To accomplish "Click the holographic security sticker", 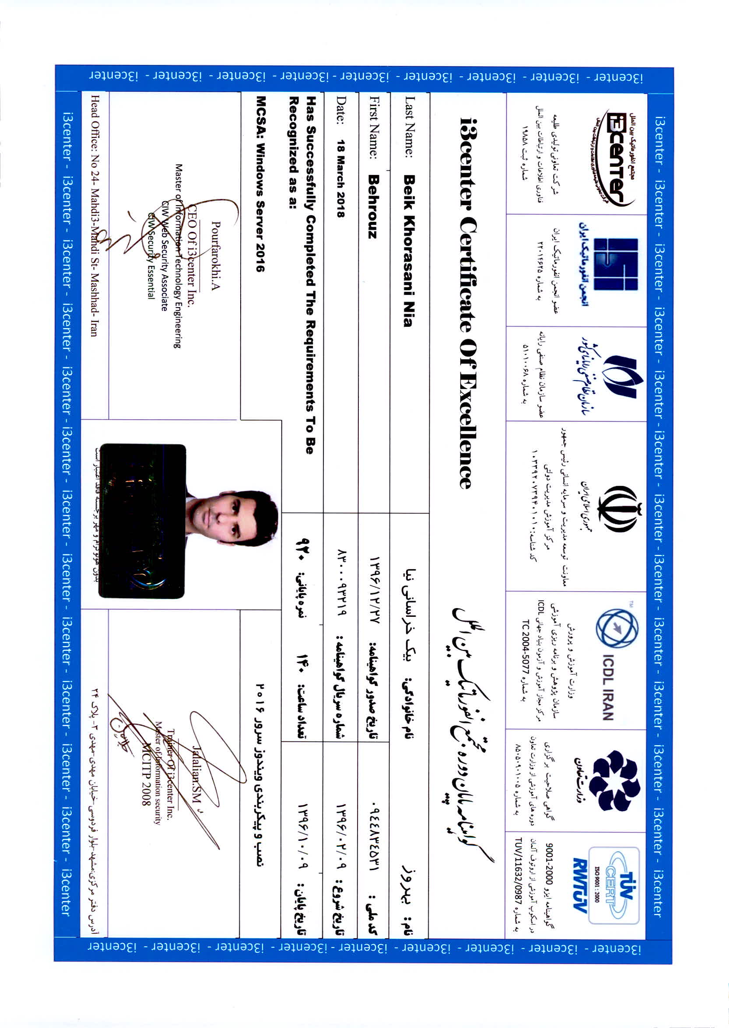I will pos(142,521).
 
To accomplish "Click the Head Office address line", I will pos(94,215).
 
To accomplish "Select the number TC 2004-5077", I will pos(525,659).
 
